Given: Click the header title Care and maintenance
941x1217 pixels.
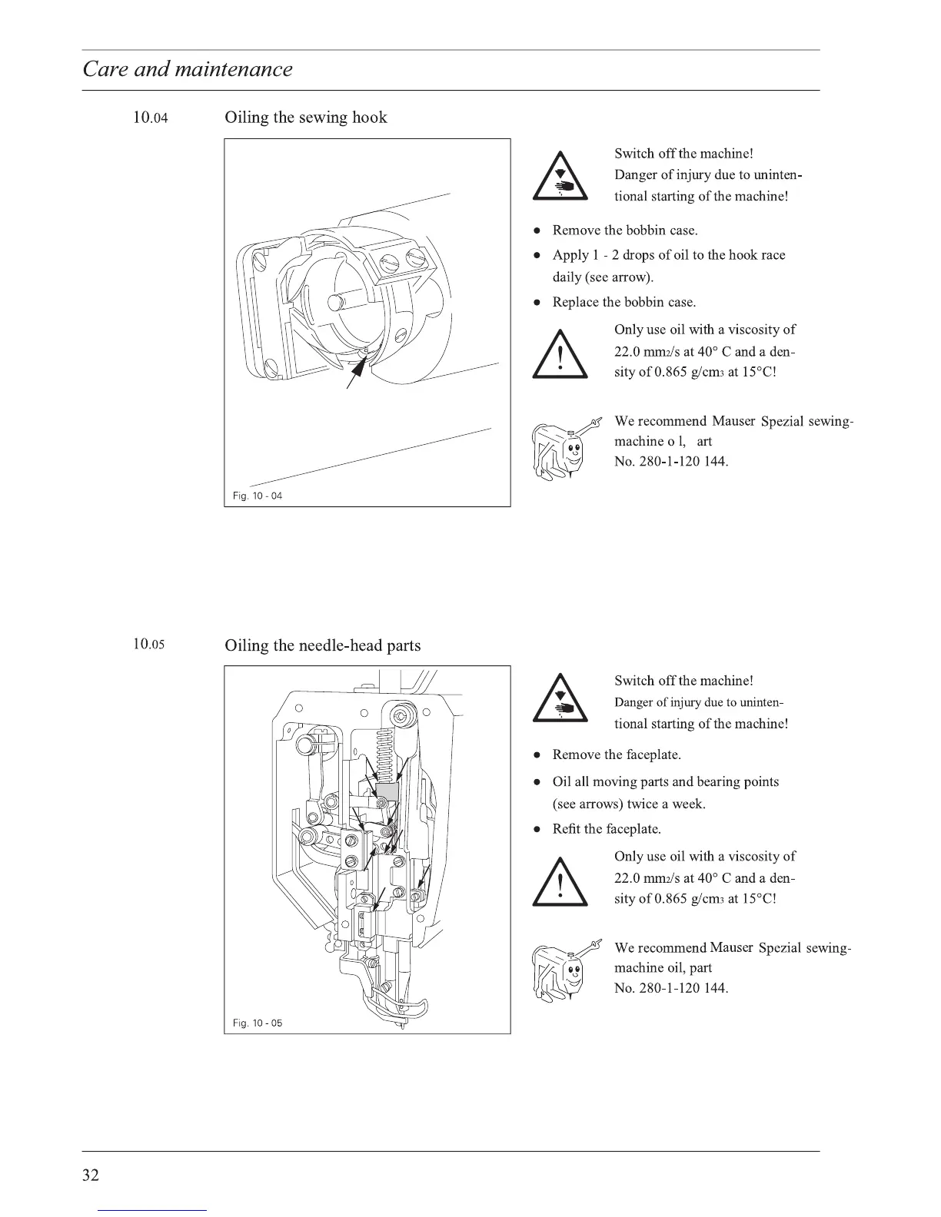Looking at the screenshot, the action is (188, 69).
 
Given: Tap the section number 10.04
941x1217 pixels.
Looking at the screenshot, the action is (150, 118).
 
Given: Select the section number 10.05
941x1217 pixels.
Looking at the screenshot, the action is (148, 644).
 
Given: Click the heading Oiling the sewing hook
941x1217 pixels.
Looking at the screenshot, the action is (305, 118).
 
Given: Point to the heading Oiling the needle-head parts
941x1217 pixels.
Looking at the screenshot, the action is (322, 645).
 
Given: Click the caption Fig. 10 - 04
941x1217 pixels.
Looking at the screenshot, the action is (258, 496).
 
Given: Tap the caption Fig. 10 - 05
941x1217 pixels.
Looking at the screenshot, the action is (258, 1023).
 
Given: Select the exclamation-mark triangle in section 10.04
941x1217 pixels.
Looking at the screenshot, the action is (560, 354).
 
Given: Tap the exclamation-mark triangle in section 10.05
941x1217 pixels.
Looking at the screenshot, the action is (560, 881).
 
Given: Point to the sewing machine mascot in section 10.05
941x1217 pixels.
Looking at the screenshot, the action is (560, 972).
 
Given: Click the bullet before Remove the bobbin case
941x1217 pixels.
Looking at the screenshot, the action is (539, 230).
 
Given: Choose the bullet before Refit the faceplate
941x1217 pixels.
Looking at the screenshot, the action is (539, 830).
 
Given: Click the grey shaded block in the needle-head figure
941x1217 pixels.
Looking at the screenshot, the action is (386, 791).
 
